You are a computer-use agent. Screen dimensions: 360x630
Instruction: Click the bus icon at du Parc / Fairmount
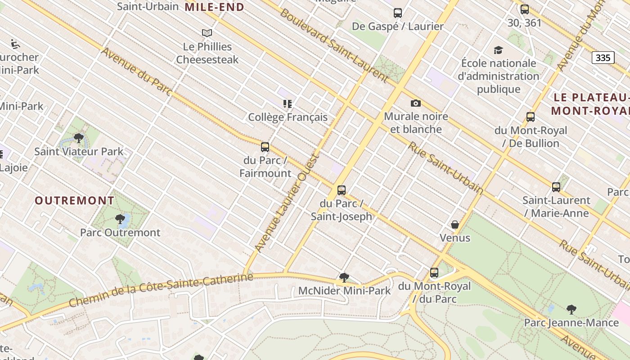[x=265, y=147]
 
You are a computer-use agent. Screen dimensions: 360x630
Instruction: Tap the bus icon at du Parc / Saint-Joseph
[x=342, y=190]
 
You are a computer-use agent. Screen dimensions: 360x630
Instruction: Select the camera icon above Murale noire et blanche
[x=416, y=103]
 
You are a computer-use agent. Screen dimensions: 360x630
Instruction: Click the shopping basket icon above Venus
[x=455, y=225]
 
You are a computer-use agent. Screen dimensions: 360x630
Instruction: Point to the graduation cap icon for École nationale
[x=498, y=50]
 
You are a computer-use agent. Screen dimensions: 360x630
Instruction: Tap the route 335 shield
[x=603, y=58]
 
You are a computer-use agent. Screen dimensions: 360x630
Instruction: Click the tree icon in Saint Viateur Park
[x=79, y=138]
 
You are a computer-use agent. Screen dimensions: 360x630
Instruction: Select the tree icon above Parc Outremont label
[x=120, y=219]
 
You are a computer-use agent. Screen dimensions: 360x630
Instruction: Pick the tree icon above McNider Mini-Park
[x=344, y=278]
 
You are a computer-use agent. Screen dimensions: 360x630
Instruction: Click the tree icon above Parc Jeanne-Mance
[x=571, y=310]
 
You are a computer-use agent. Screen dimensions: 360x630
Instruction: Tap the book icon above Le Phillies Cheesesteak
[x=207, y=33]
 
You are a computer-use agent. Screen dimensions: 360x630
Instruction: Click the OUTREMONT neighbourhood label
[x=75, y=201]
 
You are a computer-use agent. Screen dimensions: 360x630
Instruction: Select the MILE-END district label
[x=215, y=7]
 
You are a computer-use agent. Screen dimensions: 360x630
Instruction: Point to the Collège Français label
[x=288, y=117]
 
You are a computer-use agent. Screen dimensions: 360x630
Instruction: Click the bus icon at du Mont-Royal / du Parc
[x=434, y=273]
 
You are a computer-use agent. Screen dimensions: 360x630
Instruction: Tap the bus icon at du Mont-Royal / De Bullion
[x=531, y=117]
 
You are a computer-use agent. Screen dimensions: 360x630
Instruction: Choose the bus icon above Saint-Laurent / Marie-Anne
[x=556, y=187]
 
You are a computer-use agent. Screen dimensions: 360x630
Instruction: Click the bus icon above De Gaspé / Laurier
[x=398, y=13]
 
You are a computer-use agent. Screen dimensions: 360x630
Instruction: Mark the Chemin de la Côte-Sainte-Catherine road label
[x=161, y=290]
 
